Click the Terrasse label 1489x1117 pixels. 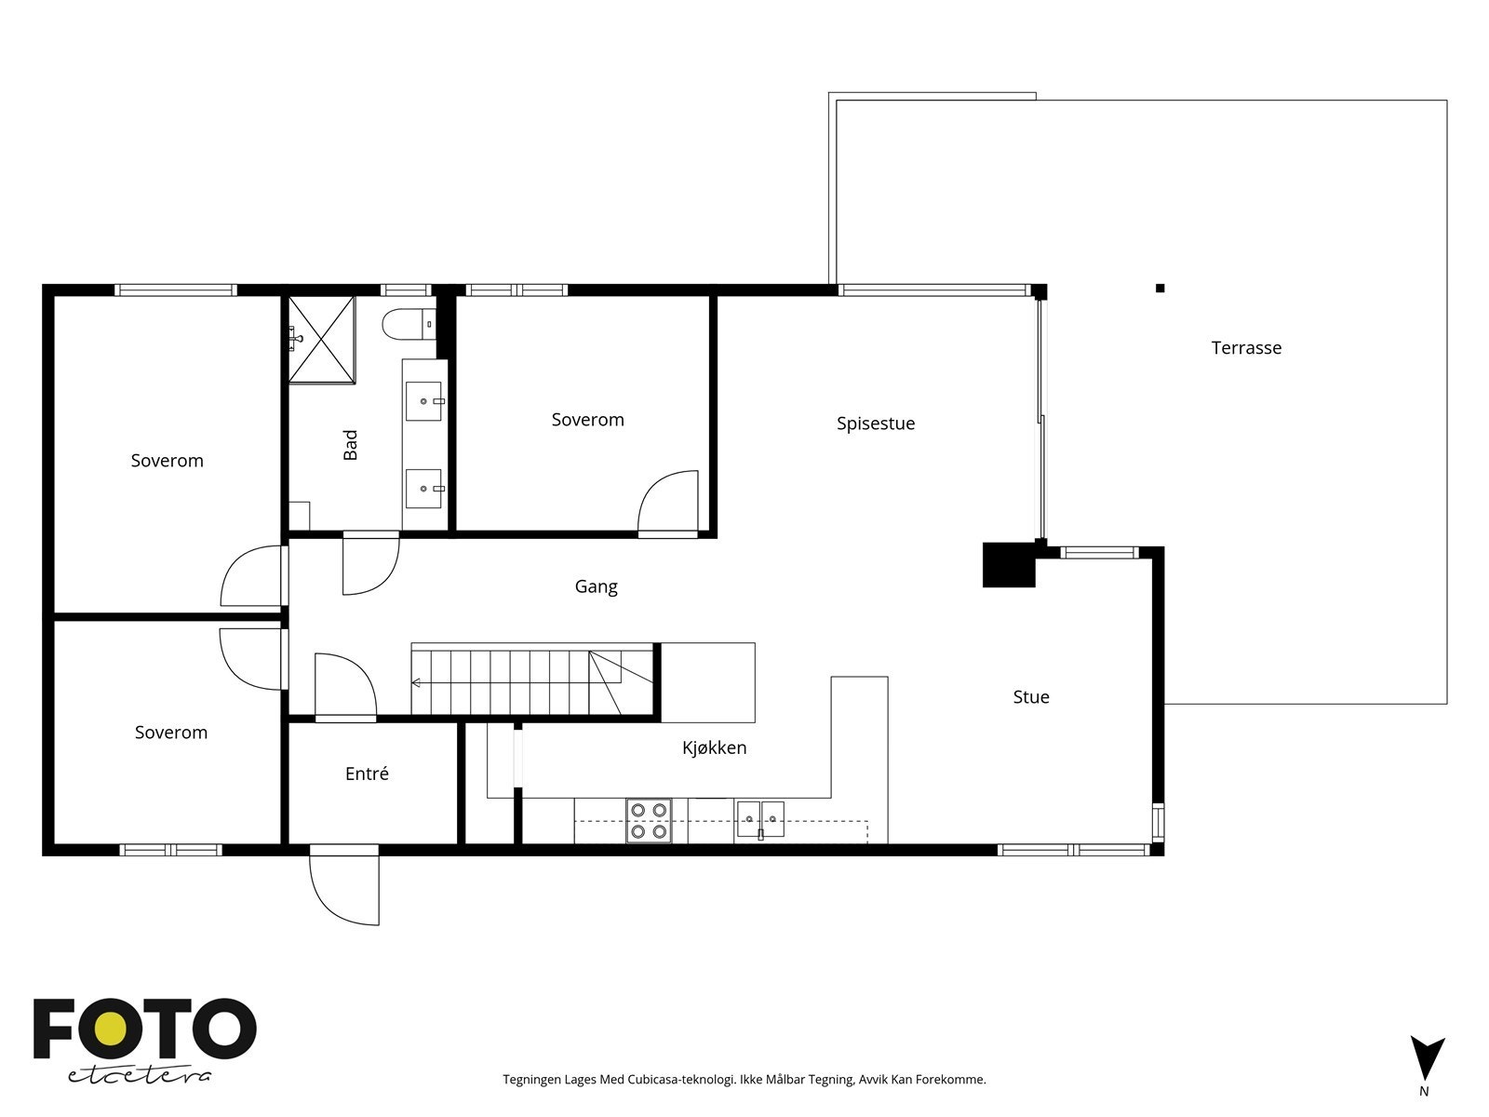[1246, 348]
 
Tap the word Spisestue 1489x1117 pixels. [875, 424]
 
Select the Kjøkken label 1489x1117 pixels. [715, 747]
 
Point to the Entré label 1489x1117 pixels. [367, 774]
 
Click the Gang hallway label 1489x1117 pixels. [596, 586]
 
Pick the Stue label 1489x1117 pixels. [1031, 696]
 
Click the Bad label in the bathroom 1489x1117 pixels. [350, 445]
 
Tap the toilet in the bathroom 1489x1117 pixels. [409, 324]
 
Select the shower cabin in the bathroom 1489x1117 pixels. [322, 339]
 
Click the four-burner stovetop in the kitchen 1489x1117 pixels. [649, 821]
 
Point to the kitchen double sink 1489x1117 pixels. [760, 819]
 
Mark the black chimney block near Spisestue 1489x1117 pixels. [1009, 564]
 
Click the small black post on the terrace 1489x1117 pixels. [1160, 289]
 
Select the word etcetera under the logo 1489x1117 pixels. [139, 1076]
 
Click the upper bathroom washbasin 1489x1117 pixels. [424, 401]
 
